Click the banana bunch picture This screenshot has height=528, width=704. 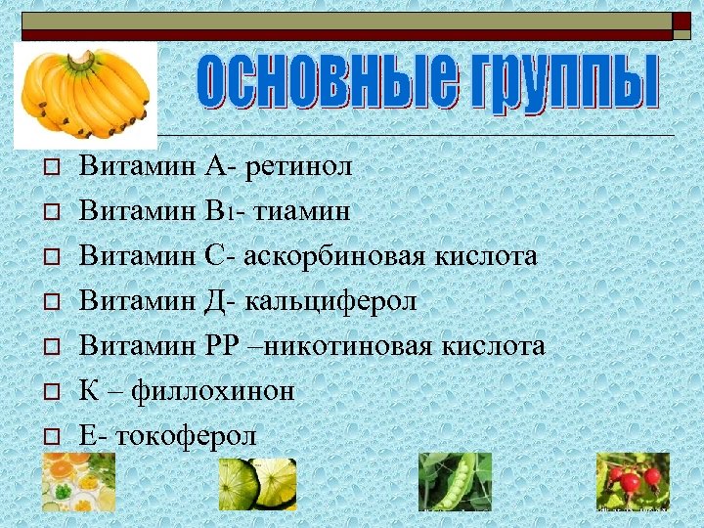85,94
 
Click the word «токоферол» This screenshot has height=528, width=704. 187,436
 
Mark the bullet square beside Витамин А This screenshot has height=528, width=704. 52,167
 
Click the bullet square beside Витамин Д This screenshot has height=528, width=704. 52,302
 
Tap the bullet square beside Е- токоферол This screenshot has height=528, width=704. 52,437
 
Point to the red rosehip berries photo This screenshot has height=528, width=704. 633,481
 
